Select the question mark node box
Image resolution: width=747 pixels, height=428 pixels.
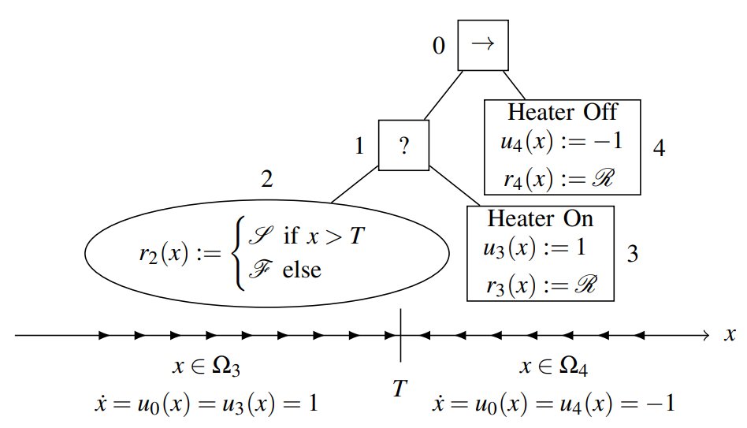(403, 145)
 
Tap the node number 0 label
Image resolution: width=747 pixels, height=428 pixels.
(439, 46)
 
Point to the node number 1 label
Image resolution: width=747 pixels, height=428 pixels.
(359, 146)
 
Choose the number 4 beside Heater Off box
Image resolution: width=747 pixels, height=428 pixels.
(659, 147)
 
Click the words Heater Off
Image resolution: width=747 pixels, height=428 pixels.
(562, 111)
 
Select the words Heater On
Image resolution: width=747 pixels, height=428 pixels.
(540, 218)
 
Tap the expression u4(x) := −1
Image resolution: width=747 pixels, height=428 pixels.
(562, 143)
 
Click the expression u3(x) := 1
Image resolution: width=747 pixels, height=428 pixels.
(536, 248)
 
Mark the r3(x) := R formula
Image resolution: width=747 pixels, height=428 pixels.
(539, 284)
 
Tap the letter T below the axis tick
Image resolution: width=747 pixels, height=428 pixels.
(401, 387)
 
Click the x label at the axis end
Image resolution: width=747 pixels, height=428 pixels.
(730, 335)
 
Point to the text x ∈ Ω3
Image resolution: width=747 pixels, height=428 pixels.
(206, 367)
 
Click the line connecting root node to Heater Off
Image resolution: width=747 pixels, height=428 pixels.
(515, 85)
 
